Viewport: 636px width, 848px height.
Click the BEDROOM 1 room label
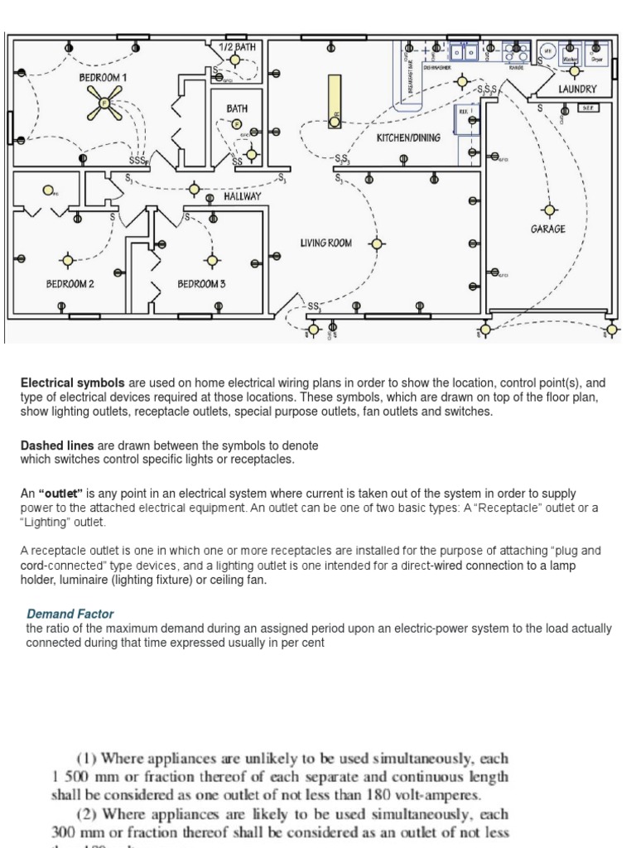point(103,77)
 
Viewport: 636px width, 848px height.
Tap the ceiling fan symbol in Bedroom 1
point(104,103)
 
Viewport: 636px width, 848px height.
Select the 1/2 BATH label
point(238,47)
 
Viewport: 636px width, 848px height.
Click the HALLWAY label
point(242,196)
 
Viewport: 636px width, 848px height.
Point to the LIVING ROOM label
point(325,243)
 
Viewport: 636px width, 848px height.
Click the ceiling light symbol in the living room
point(378,243)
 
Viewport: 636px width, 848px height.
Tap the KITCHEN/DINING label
point(409,137)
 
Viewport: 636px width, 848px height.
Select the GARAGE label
point(548,229)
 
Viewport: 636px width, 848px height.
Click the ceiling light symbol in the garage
point(547,210)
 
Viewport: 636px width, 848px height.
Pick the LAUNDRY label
point(577,89)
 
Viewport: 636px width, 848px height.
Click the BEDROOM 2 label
point(70,284)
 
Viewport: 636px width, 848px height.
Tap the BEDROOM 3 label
point(201,284)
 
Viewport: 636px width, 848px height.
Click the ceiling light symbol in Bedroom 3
point(213,260)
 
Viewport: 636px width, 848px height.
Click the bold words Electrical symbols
point(73,383)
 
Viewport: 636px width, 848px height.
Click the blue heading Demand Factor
point(70,614)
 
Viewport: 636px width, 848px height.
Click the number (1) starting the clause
point(89,759)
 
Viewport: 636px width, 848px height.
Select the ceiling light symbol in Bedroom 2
point(66,260)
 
